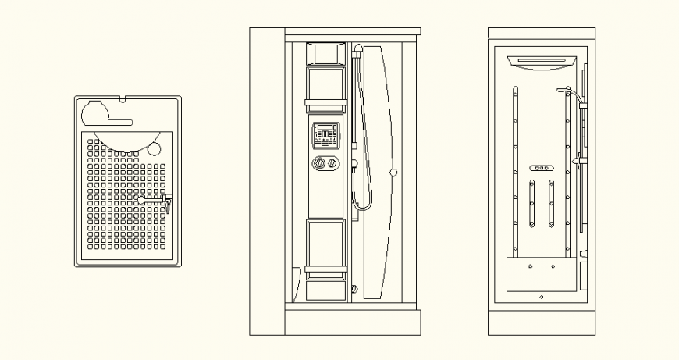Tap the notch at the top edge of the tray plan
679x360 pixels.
click(x=124, y=99)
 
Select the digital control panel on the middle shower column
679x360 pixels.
click(x=326, y=135)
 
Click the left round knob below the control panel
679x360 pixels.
click(x=319, y=164)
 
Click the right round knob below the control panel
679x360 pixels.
click(x=333, y=164)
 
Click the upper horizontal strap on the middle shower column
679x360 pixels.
click(x=326, y=103)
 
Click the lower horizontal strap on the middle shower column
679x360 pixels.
click(x=326, y=270)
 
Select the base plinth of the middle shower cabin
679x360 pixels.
click(x=334, y=321)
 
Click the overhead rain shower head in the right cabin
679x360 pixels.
click(x=542, y=62)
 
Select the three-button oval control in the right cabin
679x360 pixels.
click(x=541, y=169)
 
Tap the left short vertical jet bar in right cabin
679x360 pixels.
click(x=531, y=204)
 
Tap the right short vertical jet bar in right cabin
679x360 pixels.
click(x=551, y=204)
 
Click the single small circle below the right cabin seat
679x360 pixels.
click(x=542, y=297)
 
